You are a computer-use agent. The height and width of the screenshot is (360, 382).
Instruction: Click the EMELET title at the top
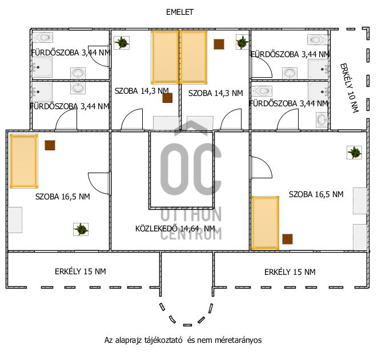180,12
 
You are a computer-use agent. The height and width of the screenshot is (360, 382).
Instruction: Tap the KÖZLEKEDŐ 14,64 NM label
175,229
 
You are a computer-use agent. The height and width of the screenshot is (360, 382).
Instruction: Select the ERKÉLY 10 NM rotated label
349,88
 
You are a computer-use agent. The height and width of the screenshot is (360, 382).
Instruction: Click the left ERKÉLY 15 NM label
81,271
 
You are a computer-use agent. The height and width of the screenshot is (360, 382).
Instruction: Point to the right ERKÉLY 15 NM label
290,272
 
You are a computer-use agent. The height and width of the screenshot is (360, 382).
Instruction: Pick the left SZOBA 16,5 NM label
63,197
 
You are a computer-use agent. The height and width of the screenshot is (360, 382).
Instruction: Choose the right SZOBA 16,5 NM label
316,194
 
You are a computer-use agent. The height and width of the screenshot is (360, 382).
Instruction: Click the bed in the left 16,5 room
24,161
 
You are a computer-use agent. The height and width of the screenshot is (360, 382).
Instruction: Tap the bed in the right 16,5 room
266,223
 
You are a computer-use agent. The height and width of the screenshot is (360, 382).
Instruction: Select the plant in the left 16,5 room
81,229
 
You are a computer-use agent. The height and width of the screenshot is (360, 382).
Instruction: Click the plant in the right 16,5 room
355,153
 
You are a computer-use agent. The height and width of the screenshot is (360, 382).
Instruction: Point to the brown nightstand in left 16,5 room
50,145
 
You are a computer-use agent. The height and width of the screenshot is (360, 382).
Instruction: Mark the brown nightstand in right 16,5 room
287,239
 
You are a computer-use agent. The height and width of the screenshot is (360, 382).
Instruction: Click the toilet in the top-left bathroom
43,37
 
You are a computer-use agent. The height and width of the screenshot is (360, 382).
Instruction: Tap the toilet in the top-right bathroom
317,39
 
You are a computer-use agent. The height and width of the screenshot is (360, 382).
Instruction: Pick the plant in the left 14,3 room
122,43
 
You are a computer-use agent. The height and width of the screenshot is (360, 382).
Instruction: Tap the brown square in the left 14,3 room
168,98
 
